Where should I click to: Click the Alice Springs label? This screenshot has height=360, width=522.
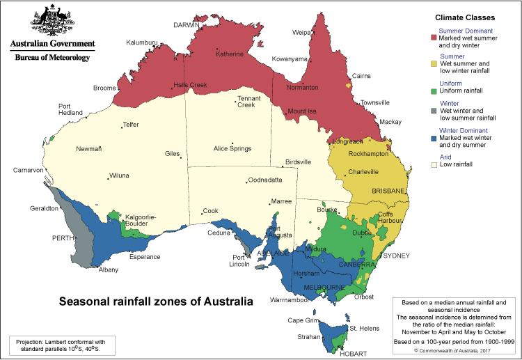pos(232,148)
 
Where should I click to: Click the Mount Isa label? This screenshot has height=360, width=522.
pos(302,111)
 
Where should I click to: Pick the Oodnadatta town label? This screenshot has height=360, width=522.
pos(266,180)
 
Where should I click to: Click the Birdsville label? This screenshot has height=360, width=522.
pos(301,162)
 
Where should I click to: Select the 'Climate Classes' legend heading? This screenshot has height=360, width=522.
pos(466,16)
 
